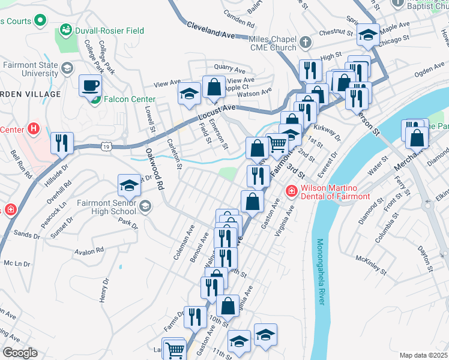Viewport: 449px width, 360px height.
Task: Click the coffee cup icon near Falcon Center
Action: (90, 85)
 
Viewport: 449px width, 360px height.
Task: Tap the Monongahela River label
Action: (321, 272)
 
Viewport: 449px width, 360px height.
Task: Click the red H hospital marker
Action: (33, 129)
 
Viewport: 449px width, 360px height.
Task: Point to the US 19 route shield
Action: (106, 146)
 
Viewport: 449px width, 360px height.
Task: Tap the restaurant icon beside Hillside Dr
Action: (62, 143)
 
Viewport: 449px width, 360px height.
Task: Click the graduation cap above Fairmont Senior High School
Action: (129, 185)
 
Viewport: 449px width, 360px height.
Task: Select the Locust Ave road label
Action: (217, 110)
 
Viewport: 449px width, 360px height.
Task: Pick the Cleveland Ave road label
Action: (211, 31)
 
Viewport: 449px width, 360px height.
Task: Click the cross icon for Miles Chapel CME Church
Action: (306, 42)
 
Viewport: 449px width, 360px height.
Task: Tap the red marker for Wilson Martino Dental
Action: (291, 190)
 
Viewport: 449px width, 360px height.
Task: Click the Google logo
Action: (19, 353)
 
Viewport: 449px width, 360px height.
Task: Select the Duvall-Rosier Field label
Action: (102, 29)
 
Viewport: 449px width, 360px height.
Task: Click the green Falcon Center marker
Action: (94, 99)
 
